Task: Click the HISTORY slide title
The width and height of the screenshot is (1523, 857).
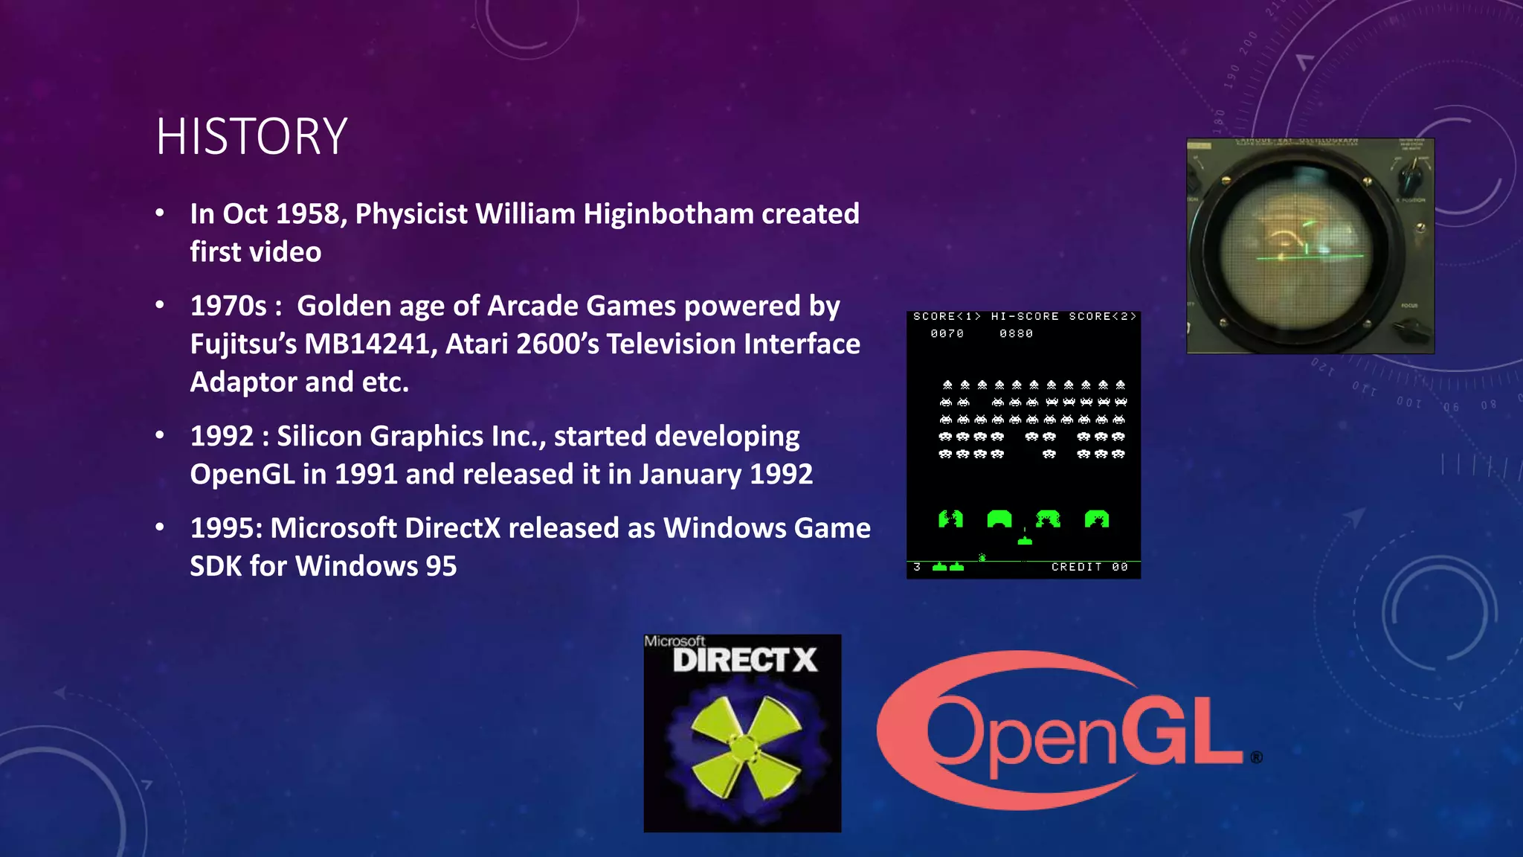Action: pyautogui.click(x=251, y=137)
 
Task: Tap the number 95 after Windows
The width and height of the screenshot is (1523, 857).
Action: pyautogui.click(x=441, y=567)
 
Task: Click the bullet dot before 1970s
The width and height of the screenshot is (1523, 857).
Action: pyautogui.click(x=160, y=306)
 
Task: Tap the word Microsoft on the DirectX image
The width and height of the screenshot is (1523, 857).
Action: pyautogui.click(x=674, y=641)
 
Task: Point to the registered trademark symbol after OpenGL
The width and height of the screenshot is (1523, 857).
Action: pyautogui.click(x=1256, y=757)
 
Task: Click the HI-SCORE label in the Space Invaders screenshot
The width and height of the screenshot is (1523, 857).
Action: pyautogui.click(x=1024, y=317)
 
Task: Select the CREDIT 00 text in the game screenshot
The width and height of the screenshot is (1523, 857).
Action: pyautogui.click(x=1089, y=567)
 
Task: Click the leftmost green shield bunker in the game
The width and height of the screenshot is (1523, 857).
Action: pyautogui.click(x=950, y=519)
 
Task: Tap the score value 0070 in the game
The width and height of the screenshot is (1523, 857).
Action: pyautogui.click(x=947, y=334)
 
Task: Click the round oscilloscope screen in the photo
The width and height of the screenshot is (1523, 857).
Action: pyautogui.click(x=1298, y=245)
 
